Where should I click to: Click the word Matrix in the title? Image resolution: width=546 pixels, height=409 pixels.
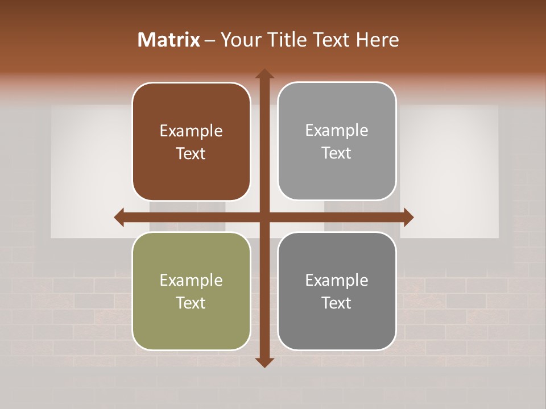(169, 40)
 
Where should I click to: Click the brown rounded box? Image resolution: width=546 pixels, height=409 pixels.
(191, 142)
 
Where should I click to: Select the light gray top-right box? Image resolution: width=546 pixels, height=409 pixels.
(337, 141)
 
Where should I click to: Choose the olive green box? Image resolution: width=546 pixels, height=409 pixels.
(191, 291)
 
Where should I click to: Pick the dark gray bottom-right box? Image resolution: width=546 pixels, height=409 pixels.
(337, 291)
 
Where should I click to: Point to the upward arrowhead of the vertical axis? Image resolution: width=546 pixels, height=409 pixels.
(264, 74)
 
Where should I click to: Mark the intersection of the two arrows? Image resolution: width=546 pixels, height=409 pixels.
(264, 217)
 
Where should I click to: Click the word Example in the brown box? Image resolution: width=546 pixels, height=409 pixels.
(191, 131)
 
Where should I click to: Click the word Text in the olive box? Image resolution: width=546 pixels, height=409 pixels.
(191, 303)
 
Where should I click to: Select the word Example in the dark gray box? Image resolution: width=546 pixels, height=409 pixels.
(337, 280)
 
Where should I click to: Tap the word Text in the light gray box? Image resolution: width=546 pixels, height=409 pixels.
(337, 153)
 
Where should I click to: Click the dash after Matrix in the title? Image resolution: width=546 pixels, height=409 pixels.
(210, 40)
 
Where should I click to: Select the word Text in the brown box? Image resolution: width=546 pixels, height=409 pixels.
(191, 153)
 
